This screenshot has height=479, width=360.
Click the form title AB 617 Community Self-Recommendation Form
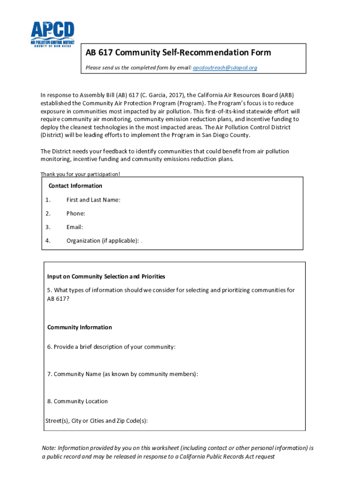tap(178, 52)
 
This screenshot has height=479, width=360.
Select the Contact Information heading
tap(75, 186)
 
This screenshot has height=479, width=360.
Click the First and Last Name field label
tap(94, 200)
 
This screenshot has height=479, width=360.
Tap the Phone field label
tap(76, 213)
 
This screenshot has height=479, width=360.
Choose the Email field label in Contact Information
tap(75, 227)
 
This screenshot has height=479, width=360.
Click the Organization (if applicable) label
tap(102, 240)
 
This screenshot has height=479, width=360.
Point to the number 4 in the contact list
tap(48, 240)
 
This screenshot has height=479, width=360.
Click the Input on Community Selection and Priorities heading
tap(106, 276)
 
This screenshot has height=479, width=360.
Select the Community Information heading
tap(79, 327)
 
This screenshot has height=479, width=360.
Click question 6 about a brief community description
tap(111, 347)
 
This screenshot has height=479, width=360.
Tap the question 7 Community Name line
tap(122, 374)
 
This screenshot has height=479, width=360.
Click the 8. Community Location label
tap(77, 401)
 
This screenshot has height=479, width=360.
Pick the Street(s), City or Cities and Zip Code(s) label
tap(96, 421)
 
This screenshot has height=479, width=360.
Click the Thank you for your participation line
tap(80, 174)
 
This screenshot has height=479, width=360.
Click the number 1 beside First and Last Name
tap(48, 200)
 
